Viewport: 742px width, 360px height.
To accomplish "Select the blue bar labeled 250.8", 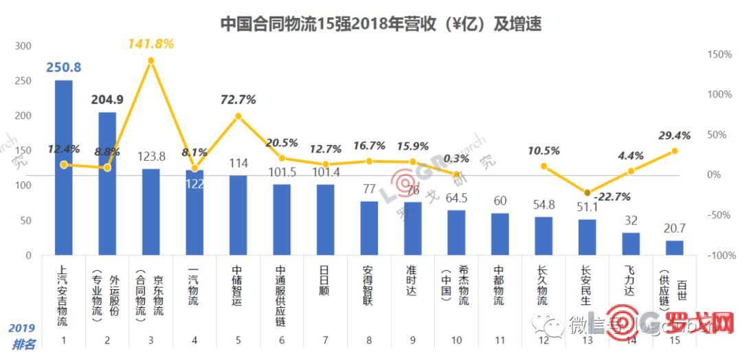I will pyautogui.click(x=64, y=168).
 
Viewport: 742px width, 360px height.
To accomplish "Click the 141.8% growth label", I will pyautogui.click(x=151, y=44).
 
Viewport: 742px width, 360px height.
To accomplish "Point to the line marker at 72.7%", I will pyautogui.click(x=238, y=116).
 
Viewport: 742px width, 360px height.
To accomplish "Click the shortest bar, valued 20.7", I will pyautogui.click(x=675, y=247).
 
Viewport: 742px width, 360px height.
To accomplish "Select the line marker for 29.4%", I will pyautogui.click(x=675, y=150).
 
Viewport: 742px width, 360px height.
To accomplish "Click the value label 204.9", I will pyautogui.click(x=107, y=100).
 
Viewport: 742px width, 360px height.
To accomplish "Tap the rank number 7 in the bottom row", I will pyautogui.click(x=326, y=340).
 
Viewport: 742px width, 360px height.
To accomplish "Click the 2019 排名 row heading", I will pyautogui.click(x=23, y=335).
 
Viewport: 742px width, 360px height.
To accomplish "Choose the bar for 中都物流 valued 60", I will pyautogui.click(x=500, y=234).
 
